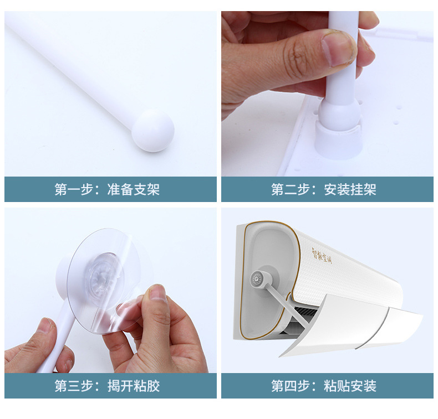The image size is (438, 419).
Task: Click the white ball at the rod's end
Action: pyautogui.click(x=152, y=130)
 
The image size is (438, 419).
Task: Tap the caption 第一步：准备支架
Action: pyautogui.click(x=107, y=189)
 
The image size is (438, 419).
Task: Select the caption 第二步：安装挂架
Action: pyautogui.click(x=324, y=189)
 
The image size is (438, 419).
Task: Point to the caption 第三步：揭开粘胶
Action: pyautogui.click(x=107, y=386)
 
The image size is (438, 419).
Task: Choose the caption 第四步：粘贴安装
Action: pyautogui.click(x=324, y=386)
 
